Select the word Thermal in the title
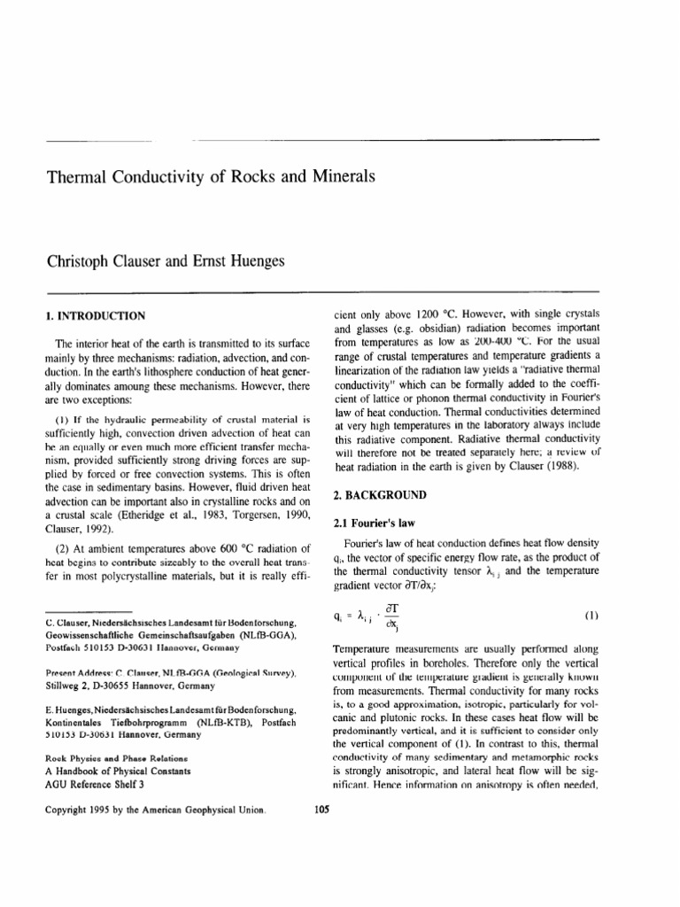(76, 176)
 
